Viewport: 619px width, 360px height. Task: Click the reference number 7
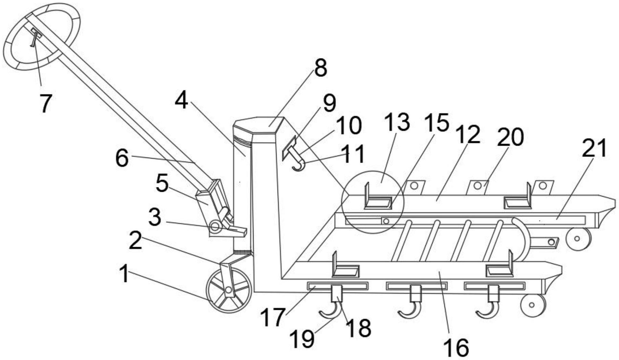(45, 103)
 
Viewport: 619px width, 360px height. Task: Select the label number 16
(456, 347)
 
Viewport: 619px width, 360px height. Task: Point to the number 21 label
(594, 148)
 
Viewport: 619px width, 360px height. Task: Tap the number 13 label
(397, 122)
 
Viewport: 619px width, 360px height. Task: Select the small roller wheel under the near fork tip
(532, 305)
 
